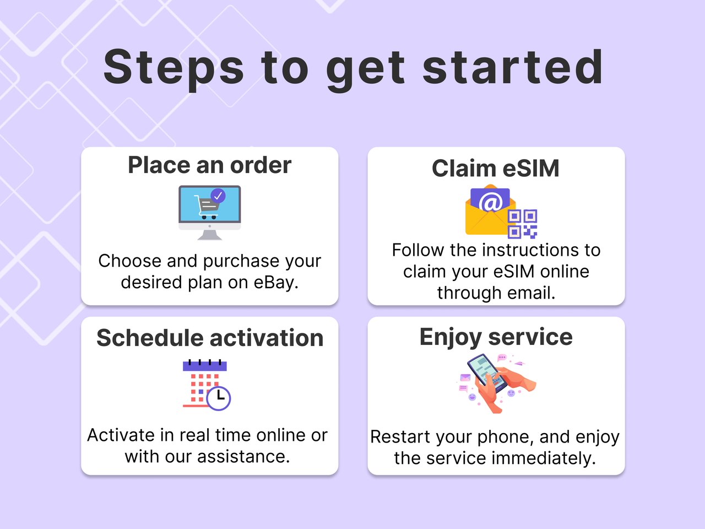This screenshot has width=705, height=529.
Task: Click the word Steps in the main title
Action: point(173,67)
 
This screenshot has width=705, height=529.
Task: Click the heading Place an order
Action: point(209,165)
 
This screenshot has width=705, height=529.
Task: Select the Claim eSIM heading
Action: point(495,168)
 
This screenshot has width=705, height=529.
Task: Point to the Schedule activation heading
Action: point(209,338)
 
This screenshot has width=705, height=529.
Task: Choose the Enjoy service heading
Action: point(496,337)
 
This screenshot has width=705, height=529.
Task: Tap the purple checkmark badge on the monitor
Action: point(218,195)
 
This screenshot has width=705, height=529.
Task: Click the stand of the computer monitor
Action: point(210,235)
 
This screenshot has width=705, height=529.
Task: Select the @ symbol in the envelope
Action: point(490,202)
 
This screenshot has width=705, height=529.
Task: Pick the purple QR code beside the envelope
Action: point(522,224)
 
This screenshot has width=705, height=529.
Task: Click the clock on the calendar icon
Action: point(219,397)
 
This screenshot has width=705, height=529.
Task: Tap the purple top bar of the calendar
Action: point(204,365)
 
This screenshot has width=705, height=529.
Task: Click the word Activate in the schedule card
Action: point(121,435)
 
